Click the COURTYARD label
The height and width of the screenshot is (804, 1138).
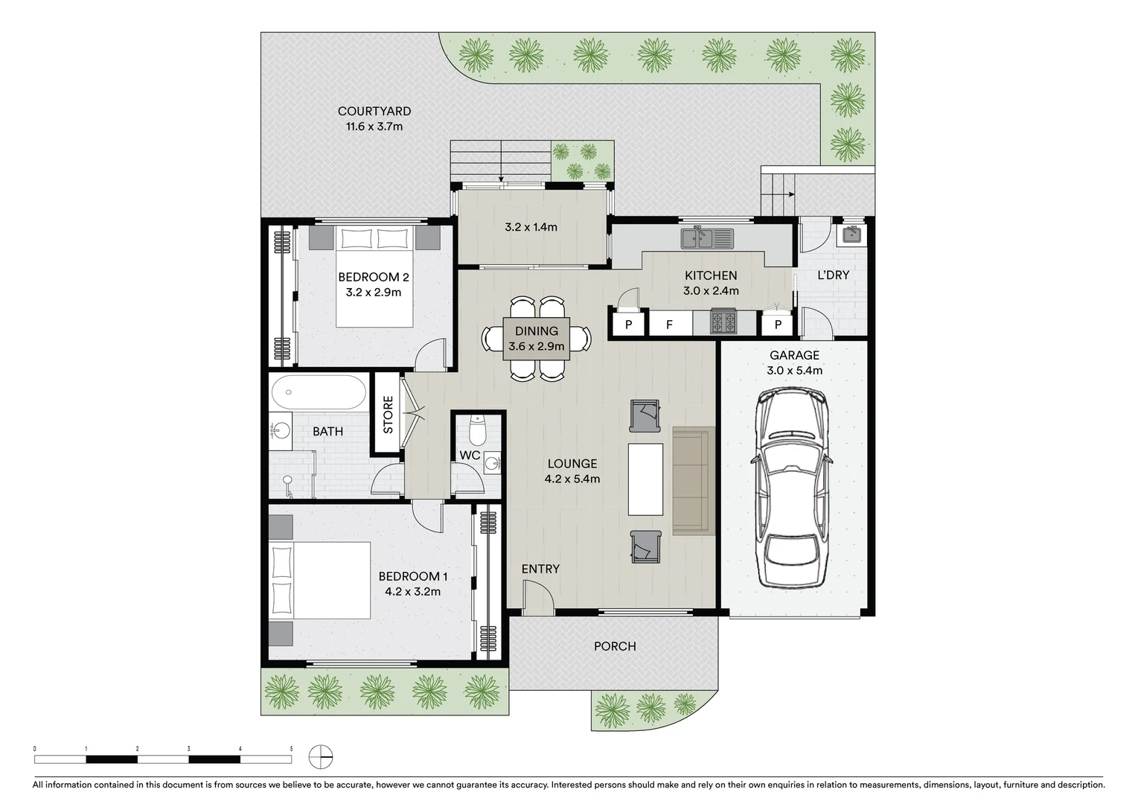pos(374,111)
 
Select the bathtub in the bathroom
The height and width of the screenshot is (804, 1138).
pos(319,392)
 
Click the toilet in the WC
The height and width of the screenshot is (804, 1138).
pos(478,430)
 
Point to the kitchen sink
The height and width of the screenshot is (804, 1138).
pos(707,238)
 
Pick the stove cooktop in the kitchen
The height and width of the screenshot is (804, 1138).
pos(723,322)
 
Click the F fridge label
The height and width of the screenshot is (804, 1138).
pos(670,325)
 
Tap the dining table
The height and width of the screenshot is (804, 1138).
pos(537,339)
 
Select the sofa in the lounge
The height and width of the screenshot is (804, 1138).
pos(694,481)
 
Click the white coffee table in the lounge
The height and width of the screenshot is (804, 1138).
pos(645,479)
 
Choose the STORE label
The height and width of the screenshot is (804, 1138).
pos(388,414)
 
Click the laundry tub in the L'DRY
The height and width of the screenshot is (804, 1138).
pos(853,234)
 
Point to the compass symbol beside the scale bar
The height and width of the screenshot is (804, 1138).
pos(321,757)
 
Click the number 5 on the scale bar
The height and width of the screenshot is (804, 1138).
pos(291,749)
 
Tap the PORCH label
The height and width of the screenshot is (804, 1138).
pos(615,646)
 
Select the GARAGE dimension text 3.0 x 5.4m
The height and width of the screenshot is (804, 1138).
pos(795,371)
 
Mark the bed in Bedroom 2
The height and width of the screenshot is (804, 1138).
pos(374,277)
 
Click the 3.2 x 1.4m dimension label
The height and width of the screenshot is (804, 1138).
pos(531,227)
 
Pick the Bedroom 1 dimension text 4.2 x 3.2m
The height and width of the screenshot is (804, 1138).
pos(412,592)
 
